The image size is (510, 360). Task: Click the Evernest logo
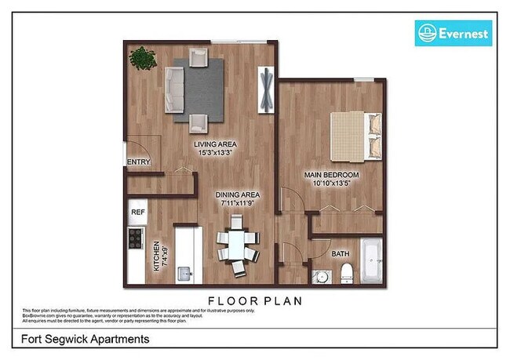453,33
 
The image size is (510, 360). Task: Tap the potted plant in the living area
143,58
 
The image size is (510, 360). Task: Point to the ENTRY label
138,163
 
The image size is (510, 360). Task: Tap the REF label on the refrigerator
137,212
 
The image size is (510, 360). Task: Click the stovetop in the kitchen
137,237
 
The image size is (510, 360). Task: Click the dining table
235,245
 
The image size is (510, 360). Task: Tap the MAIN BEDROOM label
331,174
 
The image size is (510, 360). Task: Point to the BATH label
341,254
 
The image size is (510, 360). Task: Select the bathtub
371,263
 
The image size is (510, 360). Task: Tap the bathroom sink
320,276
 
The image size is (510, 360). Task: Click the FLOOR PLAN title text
255,300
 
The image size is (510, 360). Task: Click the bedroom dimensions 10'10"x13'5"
331,183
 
